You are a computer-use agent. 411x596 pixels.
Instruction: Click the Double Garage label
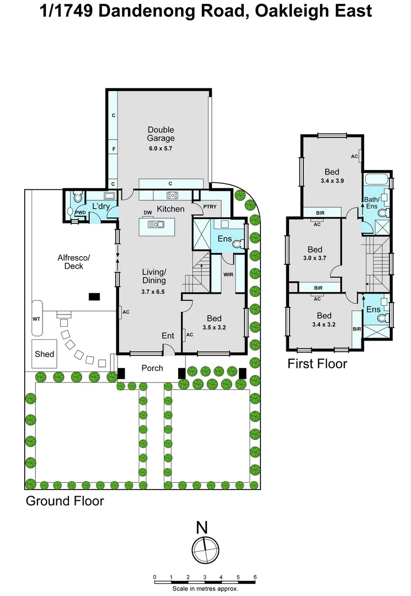(161, 134)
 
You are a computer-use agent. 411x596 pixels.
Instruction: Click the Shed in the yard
(45, 353)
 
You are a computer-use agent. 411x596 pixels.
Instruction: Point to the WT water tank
(37, 318)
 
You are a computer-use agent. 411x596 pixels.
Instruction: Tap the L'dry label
(102, 206)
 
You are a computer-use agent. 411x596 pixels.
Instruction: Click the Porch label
(152, 368)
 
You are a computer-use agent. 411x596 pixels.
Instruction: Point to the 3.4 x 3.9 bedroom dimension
(332, 180)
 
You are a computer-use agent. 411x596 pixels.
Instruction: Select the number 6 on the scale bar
(254, 577)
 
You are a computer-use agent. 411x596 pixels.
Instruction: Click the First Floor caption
(317, 364)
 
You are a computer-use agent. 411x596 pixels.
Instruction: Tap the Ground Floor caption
(65, 501)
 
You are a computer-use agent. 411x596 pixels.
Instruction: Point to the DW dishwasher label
(148, 212)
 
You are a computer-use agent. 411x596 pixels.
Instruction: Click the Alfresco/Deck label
(74, 262)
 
